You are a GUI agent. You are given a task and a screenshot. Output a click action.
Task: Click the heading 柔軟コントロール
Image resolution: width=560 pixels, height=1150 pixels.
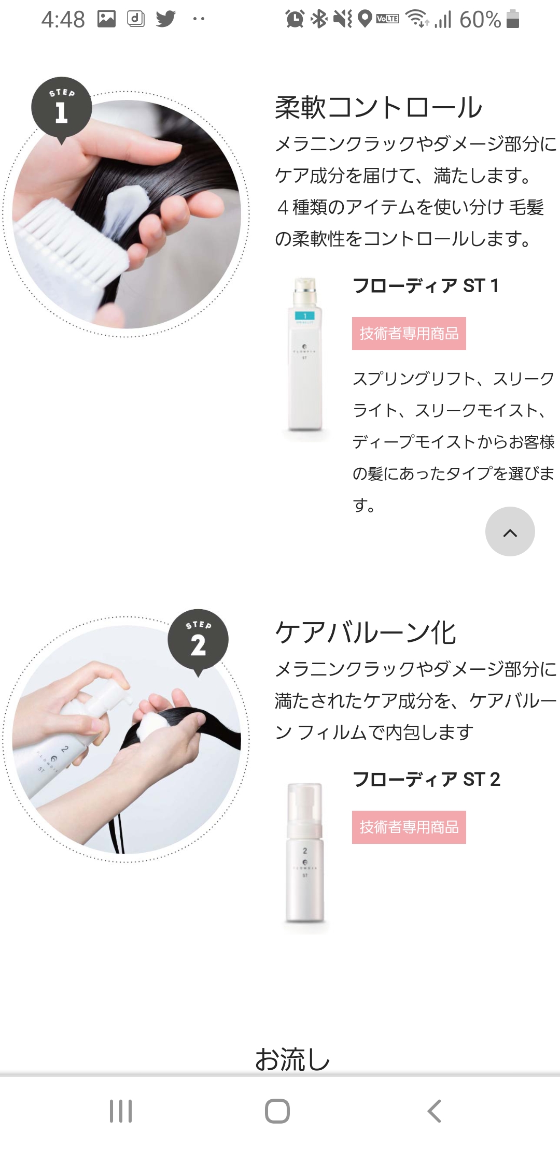click(x=379, y=107)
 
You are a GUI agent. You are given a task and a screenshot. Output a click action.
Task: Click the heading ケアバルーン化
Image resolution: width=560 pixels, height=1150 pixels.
click(x=366, y=632)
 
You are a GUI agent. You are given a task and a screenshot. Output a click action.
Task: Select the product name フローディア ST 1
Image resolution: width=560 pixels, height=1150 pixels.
click(x=426, y=285)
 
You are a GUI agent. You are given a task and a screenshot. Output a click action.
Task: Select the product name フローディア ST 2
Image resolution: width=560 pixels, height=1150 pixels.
click(x=426, y=779)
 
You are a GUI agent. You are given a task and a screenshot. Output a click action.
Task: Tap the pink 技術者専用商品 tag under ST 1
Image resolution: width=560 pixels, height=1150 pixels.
click(x=409, y=334)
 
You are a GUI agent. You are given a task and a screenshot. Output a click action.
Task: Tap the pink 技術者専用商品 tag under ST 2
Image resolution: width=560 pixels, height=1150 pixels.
click(x=409, y=827)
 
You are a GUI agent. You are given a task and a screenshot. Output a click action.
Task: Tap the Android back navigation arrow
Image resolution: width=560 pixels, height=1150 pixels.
click(x=435, y=1111)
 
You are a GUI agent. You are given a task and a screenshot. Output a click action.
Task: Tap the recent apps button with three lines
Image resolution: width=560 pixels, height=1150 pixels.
click(x=121, y=1111)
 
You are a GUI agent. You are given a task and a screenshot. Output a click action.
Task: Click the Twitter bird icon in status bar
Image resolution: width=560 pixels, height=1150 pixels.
click(x=166, y=19)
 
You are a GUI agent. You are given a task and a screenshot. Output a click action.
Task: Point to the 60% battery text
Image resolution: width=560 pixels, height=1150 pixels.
click(x=480, y=20)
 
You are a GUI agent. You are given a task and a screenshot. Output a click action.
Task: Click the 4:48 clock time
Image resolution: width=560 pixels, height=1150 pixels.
click(x=63, y=20)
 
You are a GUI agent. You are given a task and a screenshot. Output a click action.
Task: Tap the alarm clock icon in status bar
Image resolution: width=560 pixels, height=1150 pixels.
click(x=295, y=19)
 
